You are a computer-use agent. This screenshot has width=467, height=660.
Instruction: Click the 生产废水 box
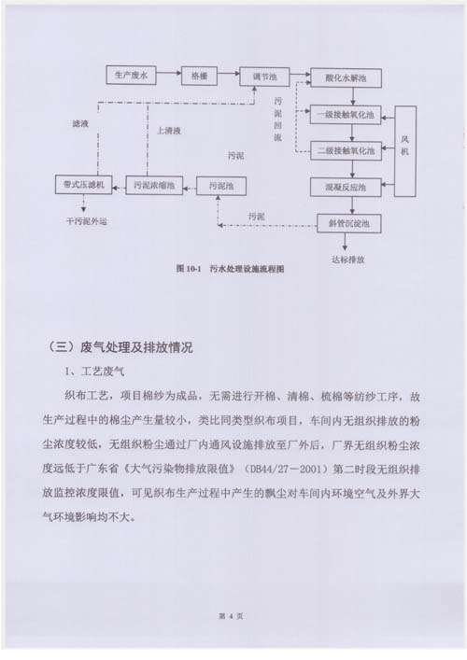point(131,76)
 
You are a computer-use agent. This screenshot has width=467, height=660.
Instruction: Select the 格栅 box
point(199,76)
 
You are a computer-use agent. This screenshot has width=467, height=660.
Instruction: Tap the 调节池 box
point(264,77)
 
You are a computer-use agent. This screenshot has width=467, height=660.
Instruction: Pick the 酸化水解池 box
point(346,77)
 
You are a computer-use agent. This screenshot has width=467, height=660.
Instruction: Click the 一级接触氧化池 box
point(346,115)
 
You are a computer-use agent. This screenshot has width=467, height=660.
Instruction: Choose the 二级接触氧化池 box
point(346,150)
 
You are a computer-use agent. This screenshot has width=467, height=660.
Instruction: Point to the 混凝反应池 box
point(346,188)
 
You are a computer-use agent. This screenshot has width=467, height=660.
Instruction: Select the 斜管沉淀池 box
point(349,223)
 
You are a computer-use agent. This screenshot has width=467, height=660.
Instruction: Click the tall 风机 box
point(405,151)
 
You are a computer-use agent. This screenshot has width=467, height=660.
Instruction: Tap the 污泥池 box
point(221,186)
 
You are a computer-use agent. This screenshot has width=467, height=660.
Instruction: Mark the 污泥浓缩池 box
point(154,185)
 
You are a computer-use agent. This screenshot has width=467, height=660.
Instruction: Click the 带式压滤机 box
point(83,184)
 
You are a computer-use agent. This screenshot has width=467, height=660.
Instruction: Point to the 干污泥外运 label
point(87,221)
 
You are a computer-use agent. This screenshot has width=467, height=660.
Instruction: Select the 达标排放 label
point(347,260)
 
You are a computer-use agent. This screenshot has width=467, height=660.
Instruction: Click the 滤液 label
point(80,124)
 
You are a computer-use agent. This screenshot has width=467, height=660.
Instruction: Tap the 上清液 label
point(169,131)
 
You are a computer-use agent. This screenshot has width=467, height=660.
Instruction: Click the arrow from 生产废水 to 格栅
point(168,74)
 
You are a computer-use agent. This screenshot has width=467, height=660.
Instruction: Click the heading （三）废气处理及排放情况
point(120,347)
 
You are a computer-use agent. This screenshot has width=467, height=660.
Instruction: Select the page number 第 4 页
point(231,616)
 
